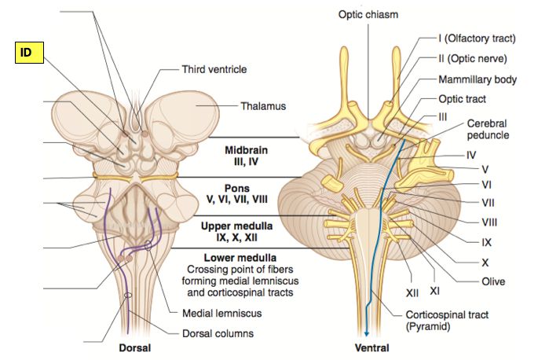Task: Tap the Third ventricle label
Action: click(214, 70)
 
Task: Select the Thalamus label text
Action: click(262, 106)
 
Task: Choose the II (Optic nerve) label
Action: click(483, 58)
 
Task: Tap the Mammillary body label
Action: click(486, 79)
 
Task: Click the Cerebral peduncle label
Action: click(488, 130)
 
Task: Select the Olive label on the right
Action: click(494, 281)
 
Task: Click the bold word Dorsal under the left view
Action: click(135, 347)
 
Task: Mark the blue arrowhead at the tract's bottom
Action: click(367, 332)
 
